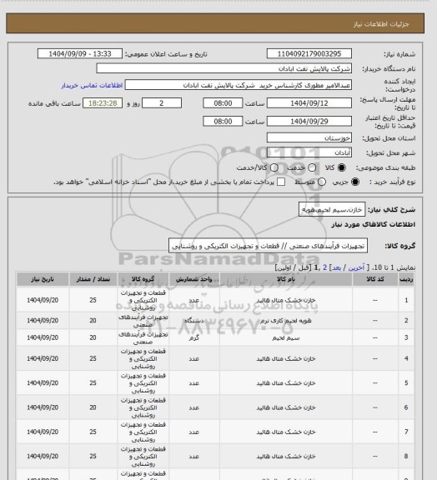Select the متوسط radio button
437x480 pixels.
click(294, 181)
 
